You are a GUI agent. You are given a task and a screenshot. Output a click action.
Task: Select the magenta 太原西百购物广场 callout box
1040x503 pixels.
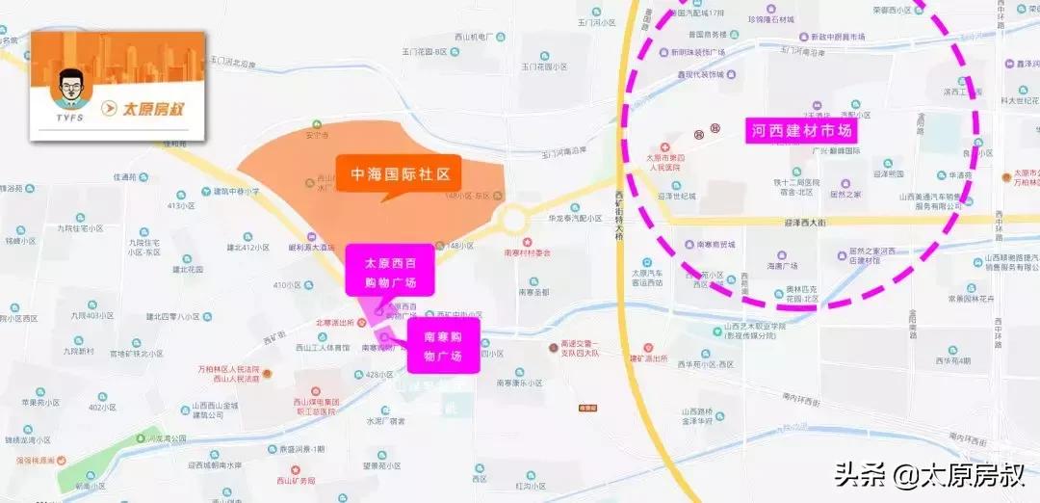click(389, 272)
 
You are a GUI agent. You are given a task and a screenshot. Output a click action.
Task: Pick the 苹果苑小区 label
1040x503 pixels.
click(35, 403)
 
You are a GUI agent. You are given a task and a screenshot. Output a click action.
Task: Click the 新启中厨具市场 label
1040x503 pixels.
click(838, 37)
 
